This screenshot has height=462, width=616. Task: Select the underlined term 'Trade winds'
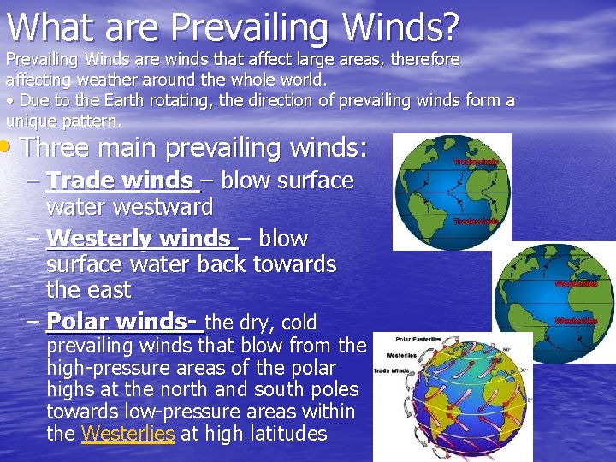120,181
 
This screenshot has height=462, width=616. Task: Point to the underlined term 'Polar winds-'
124,323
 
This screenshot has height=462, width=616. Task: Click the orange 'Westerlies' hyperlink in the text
127,434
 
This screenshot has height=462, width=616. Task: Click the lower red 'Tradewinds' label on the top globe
474,221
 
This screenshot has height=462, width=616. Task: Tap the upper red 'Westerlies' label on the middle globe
576,283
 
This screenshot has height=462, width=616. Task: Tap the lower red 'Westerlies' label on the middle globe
576,321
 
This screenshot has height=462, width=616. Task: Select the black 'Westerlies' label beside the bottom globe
401,354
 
